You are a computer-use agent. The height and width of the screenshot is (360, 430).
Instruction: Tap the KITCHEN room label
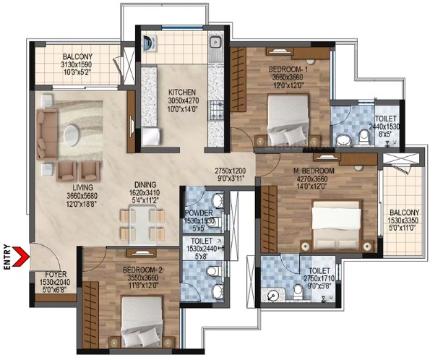click(x=182, y=93)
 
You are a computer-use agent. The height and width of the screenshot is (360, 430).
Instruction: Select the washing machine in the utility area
click(x=150, y=43)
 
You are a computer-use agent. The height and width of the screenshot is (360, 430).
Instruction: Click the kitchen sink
click(x=216, y=43)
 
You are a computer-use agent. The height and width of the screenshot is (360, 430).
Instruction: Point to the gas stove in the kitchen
click(x=216, y=111)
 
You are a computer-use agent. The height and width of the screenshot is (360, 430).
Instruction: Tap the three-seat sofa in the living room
click(x=47, y=134)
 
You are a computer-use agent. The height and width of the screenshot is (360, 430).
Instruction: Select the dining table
click(x=142, y=226)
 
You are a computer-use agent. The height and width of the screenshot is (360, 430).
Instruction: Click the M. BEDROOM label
click(x=314, y=171)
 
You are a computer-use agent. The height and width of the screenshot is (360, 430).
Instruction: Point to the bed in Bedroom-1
click(x=288, y=119)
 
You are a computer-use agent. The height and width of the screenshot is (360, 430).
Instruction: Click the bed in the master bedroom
click(x=337, y=225)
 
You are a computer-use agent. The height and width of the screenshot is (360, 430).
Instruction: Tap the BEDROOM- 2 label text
click(x=142, y=270)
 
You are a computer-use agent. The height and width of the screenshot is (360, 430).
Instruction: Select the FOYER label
click(x=56, y=274)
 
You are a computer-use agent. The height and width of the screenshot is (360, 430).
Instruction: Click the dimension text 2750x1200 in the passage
click(x=230, y=171)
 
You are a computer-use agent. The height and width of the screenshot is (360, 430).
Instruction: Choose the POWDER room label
click(x=199, y=213)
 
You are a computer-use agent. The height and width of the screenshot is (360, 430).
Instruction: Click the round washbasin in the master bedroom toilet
click(x=272, y=296)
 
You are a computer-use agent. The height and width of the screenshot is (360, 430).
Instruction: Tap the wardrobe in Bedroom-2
click(x=90, y=314)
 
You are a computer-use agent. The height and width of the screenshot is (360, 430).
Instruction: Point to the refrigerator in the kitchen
click(x=150, y=137)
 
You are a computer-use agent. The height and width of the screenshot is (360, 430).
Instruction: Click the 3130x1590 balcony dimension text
click(x=76, y=65)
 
